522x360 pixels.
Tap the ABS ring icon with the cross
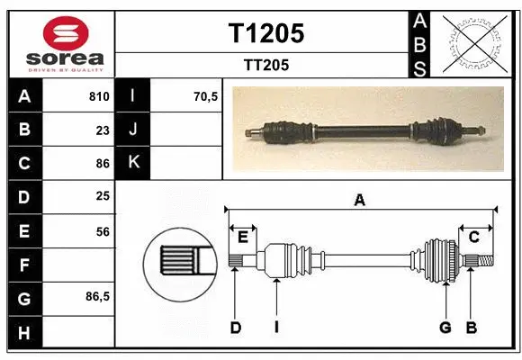(472, 41)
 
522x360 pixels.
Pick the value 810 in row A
(98, 96)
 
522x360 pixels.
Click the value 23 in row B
(102, 130)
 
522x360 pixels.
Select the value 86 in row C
(102, 164)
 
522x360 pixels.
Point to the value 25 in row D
(102, 195)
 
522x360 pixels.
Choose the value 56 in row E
(102, 231)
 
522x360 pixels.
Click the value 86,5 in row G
(97, 295)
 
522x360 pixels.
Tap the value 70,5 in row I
(206, 96)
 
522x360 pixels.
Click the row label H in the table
(23, 332)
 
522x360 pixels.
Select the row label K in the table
(133, 163)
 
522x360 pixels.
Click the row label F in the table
(23, 265)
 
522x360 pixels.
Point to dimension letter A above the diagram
(360, 202)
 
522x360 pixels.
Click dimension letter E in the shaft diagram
(242, 237)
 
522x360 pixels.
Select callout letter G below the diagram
(445, 328)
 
